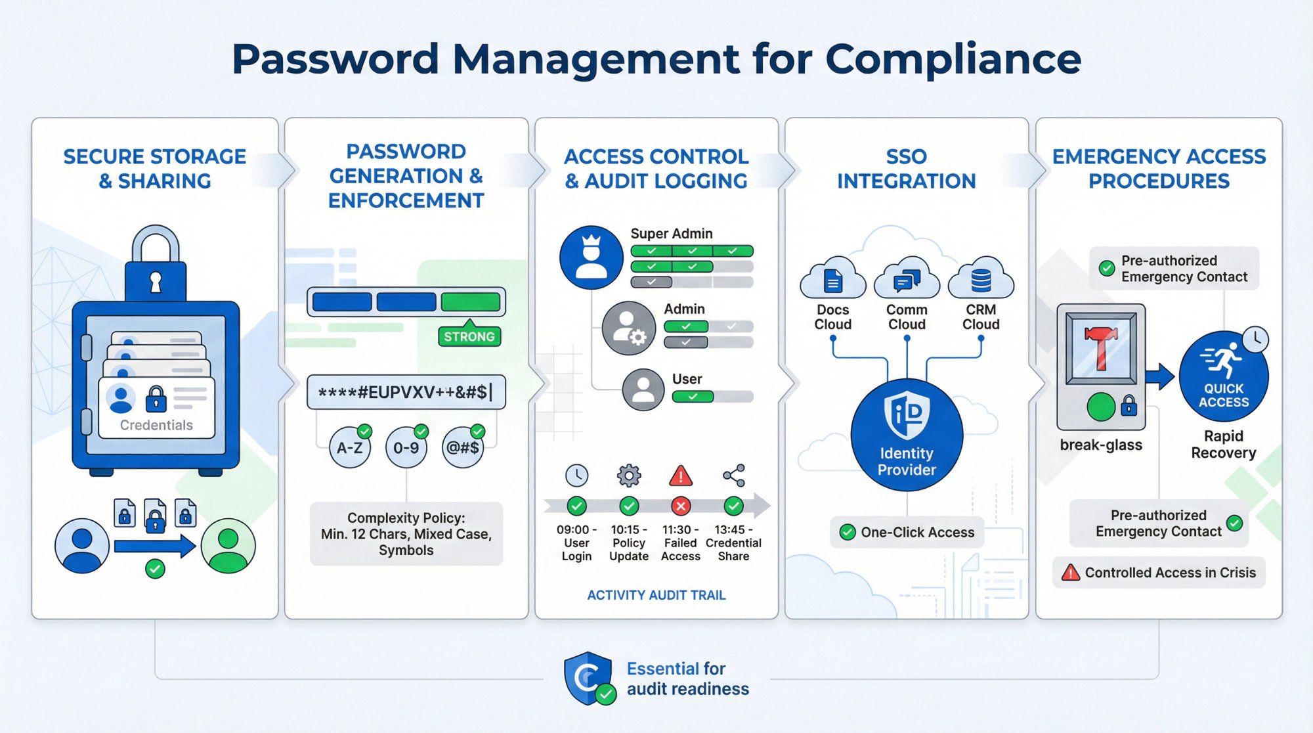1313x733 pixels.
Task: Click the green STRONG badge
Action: pyautogui.click(x=469, y=336)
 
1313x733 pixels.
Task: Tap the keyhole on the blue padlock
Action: pyautogui.click(x=156, y=281)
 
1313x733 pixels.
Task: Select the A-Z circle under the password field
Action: pyautogui.click(x=350, y=448)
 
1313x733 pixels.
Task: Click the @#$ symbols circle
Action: pyautogui.click(x=463, y=448)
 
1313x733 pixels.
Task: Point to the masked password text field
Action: pyautogui.click(x=406, y=392)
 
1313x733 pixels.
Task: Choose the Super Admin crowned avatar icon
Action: pyautogui.click(x=592, y=257)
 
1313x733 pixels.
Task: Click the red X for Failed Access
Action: pyautogui.click(x=681, y=506)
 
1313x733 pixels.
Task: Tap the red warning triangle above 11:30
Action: pyautogui.click(x=681, y=476)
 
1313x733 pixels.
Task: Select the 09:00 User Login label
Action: pyautogui.click(x=576, y=543)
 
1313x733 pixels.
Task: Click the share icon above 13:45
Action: pyautogui.click(x=733, y=476)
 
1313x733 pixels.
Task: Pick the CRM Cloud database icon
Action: pyautogui.click(x=981, y=280)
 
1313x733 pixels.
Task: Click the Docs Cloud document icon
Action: pyautogui.click(x=833, y=281)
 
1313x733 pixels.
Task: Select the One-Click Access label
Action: pyautogui.click(x=917, y=532)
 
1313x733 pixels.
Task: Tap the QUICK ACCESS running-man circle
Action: pyautogui.click(x=1224, y=376)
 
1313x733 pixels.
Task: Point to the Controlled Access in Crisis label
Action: pyautogui.click(x=1169, y=572)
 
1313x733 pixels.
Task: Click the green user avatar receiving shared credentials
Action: pyautogui.click(x=228, y=545)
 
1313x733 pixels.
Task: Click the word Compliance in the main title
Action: pyautogui.click(x=953, y=58)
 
